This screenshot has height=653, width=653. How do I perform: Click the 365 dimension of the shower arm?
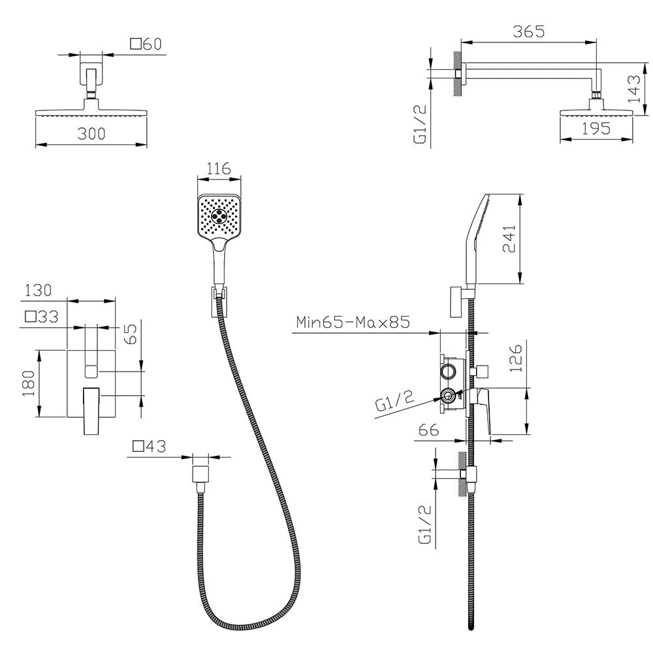click(x=528, y=31)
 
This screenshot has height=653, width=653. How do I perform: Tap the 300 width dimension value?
click(x=91, y=134)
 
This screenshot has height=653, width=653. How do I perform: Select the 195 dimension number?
click(x=596, y=128)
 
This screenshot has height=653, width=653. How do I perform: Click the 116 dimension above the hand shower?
click(x=219, y=168)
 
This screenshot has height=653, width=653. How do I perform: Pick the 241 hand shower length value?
click(x=509, y=238)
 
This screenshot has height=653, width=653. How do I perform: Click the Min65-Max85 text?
click(x=353, y=322)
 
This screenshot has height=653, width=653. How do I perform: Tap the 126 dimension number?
click(x=515, y=358)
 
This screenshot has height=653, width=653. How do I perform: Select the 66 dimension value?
click(x=428, y=430)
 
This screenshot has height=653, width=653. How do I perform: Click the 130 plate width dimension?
click(x=38, y=291)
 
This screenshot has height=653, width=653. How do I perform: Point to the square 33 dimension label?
click(x=42, y=317)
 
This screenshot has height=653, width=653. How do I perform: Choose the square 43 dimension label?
click(x=149, y=447)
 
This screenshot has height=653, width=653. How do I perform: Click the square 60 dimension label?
click(x=146, y=44)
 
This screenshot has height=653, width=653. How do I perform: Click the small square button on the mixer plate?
click(x=91, y=371)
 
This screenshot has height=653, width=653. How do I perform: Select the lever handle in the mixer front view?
click(x=91, y=411)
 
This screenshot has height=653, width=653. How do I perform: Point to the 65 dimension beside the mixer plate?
click(x=131, y=334)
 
